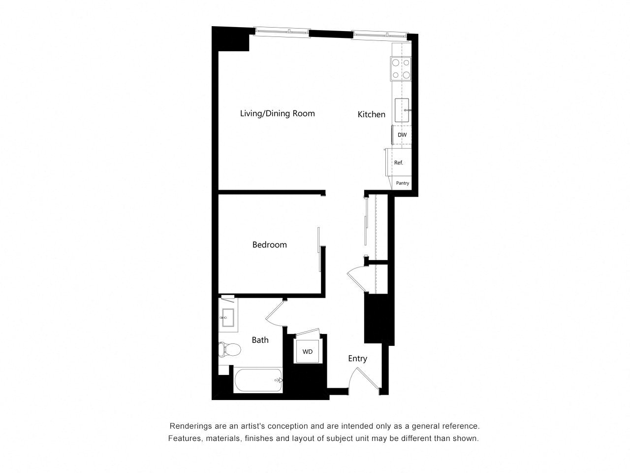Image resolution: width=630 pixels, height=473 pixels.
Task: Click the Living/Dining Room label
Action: (x=277, y=113)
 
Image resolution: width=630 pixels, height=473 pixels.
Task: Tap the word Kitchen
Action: (x=371, y=114)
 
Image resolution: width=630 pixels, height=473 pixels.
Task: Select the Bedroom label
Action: (x=269, y=245)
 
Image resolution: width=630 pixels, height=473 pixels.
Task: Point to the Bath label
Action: (x=260, y=340)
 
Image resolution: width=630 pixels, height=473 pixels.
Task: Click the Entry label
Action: (x=357, y=359)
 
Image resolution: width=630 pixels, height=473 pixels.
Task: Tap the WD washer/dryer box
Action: (x=308, y=351)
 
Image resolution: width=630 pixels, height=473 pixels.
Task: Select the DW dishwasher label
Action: (x=402, y=135)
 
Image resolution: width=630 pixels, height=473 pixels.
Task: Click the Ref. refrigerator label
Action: (x=398, y=163)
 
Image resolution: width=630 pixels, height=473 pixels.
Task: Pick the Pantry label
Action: (x=403, y=183)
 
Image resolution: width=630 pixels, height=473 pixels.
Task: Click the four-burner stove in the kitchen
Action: (x=401, y=69)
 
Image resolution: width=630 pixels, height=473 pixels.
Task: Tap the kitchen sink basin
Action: (x=402, y=110)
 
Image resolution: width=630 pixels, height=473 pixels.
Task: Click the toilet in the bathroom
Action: (x=229, y=349)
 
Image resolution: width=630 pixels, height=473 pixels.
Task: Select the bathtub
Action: (x=258, y=380)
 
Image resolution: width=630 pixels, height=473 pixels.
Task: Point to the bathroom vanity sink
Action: (x=228, y=317)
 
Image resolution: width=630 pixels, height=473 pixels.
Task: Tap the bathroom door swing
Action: (x=275, y=313)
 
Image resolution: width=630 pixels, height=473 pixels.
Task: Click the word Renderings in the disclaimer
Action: (x=190, y=426)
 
